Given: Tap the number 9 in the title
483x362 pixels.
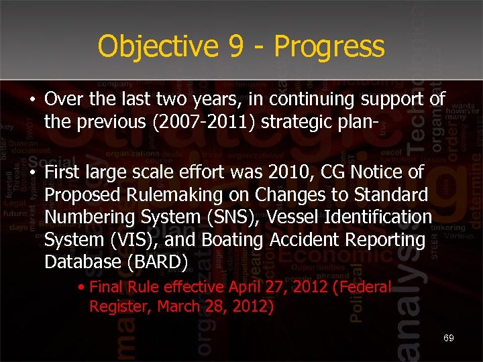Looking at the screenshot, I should (231, 46).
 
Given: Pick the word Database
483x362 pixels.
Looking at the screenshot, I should (75, 262).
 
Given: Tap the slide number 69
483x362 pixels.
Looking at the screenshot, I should (448, 338).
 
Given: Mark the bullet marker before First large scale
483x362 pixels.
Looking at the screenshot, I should (32, 173).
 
